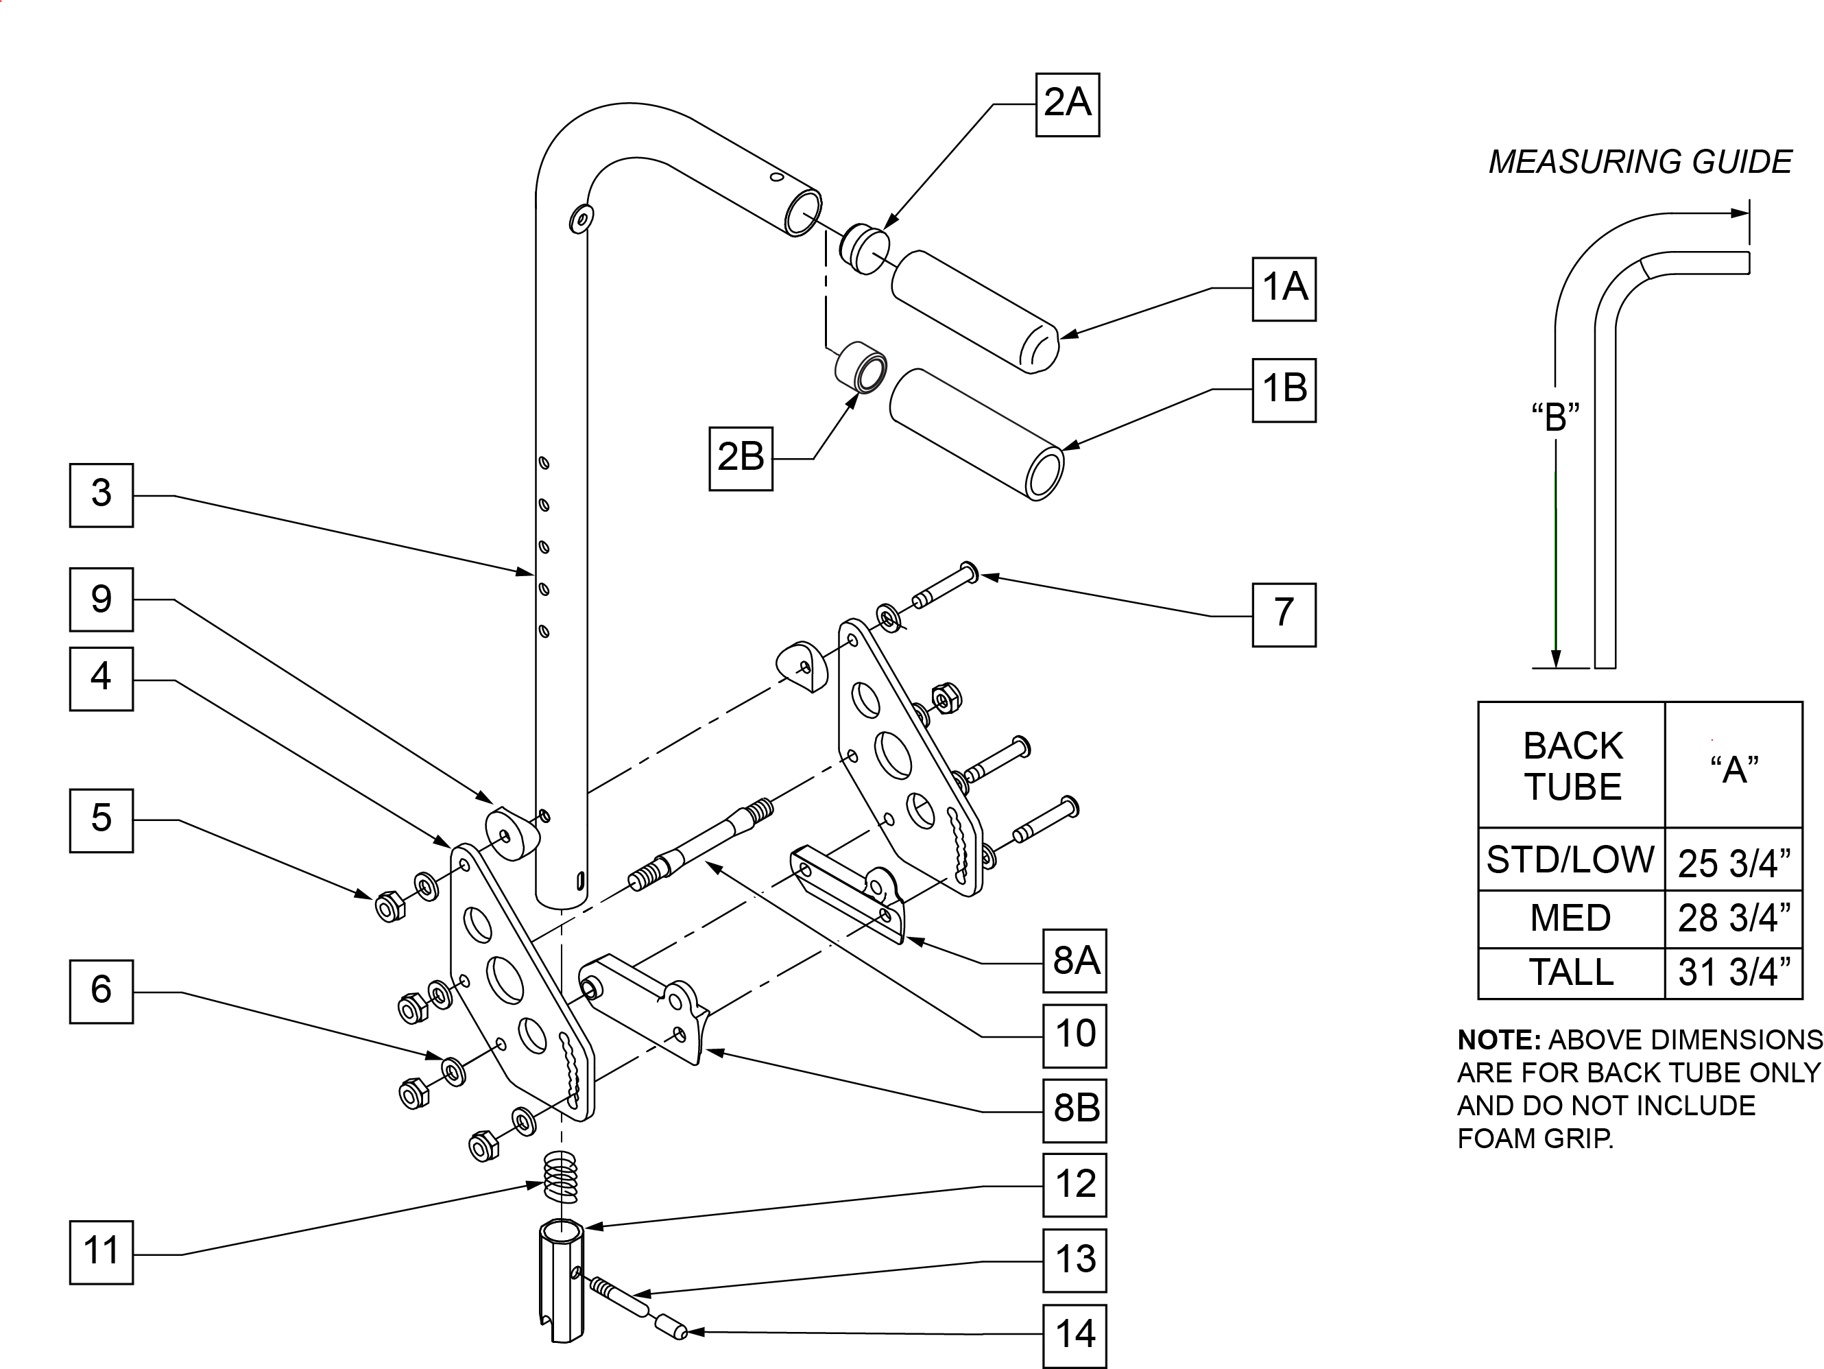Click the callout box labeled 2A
[x=1067, y=105]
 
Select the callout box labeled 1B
[x=1283, y=390]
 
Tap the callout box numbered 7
[x=1283, y=615]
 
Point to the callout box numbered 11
[x=101, y=1252]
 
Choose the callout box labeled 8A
[x=1074, y=961]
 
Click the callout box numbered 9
[x=101, y=599]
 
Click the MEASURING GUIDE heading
[x=1640, y=163]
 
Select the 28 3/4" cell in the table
[x=1733, y=918]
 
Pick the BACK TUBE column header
[x=1572, y=766]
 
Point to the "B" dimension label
[x=1555, y=417]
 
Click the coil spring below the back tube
[x=561, y=1177]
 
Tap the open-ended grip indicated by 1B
[x=976, y=433]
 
